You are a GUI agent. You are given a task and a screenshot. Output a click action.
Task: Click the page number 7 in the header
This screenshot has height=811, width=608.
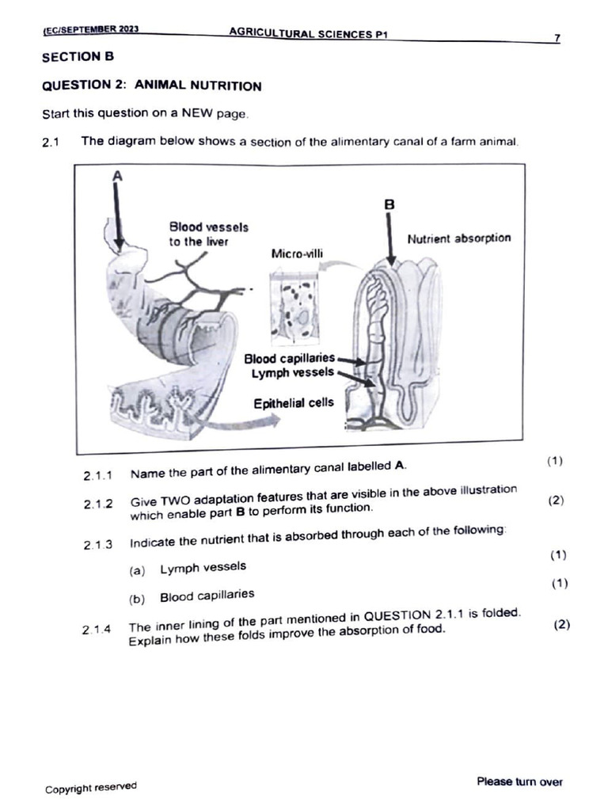557,39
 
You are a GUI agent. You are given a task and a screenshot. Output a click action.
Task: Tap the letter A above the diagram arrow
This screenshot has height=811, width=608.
117,177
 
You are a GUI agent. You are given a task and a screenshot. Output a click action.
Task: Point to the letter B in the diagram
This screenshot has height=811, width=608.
389,204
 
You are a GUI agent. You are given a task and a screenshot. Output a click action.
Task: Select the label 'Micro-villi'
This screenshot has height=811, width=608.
297,254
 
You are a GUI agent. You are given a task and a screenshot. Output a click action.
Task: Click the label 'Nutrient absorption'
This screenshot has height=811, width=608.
458,238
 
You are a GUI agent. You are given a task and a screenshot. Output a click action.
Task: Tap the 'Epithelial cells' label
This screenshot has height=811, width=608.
294,403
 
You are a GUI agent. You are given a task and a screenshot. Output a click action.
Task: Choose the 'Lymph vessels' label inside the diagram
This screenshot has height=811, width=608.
293,373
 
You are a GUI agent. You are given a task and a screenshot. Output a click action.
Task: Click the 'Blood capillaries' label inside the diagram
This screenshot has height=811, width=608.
290,359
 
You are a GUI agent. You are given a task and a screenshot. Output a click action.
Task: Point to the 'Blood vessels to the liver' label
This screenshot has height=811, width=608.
207,234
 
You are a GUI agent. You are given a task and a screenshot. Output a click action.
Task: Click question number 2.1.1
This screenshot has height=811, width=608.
97,476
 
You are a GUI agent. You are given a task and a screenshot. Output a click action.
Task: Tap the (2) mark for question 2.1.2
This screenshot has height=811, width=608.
557,501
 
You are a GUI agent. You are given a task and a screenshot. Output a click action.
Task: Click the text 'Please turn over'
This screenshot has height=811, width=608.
519,782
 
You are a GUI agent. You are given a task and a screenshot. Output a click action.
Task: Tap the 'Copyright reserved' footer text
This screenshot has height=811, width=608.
90,788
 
